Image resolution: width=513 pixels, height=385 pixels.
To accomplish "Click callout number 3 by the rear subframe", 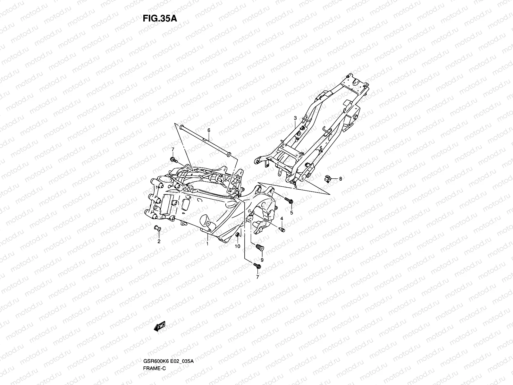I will point(295,118).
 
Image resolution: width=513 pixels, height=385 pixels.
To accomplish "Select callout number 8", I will point(341,179).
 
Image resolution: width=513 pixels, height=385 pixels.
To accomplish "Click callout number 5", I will point(291,213).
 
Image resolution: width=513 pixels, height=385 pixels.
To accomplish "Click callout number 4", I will point(282,218).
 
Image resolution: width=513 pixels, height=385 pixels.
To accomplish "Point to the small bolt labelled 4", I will point(282,229).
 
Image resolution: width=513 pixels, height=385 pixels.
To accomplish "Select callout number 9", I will point(262,260).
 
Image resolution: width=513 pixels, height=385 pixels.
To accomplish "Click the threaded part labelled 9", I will point(259,248).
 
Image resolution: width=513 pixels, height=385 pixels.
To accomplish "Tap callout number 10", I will point(238,246).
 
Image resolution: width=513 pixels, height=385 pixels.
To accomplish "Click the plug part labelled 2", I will point(157,228).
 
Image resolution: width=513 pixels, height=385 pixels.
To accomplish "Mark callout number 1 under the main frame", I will point(207,244).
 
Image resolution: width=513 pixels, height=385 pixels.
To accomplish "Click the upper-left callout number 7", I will point(172,150).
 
